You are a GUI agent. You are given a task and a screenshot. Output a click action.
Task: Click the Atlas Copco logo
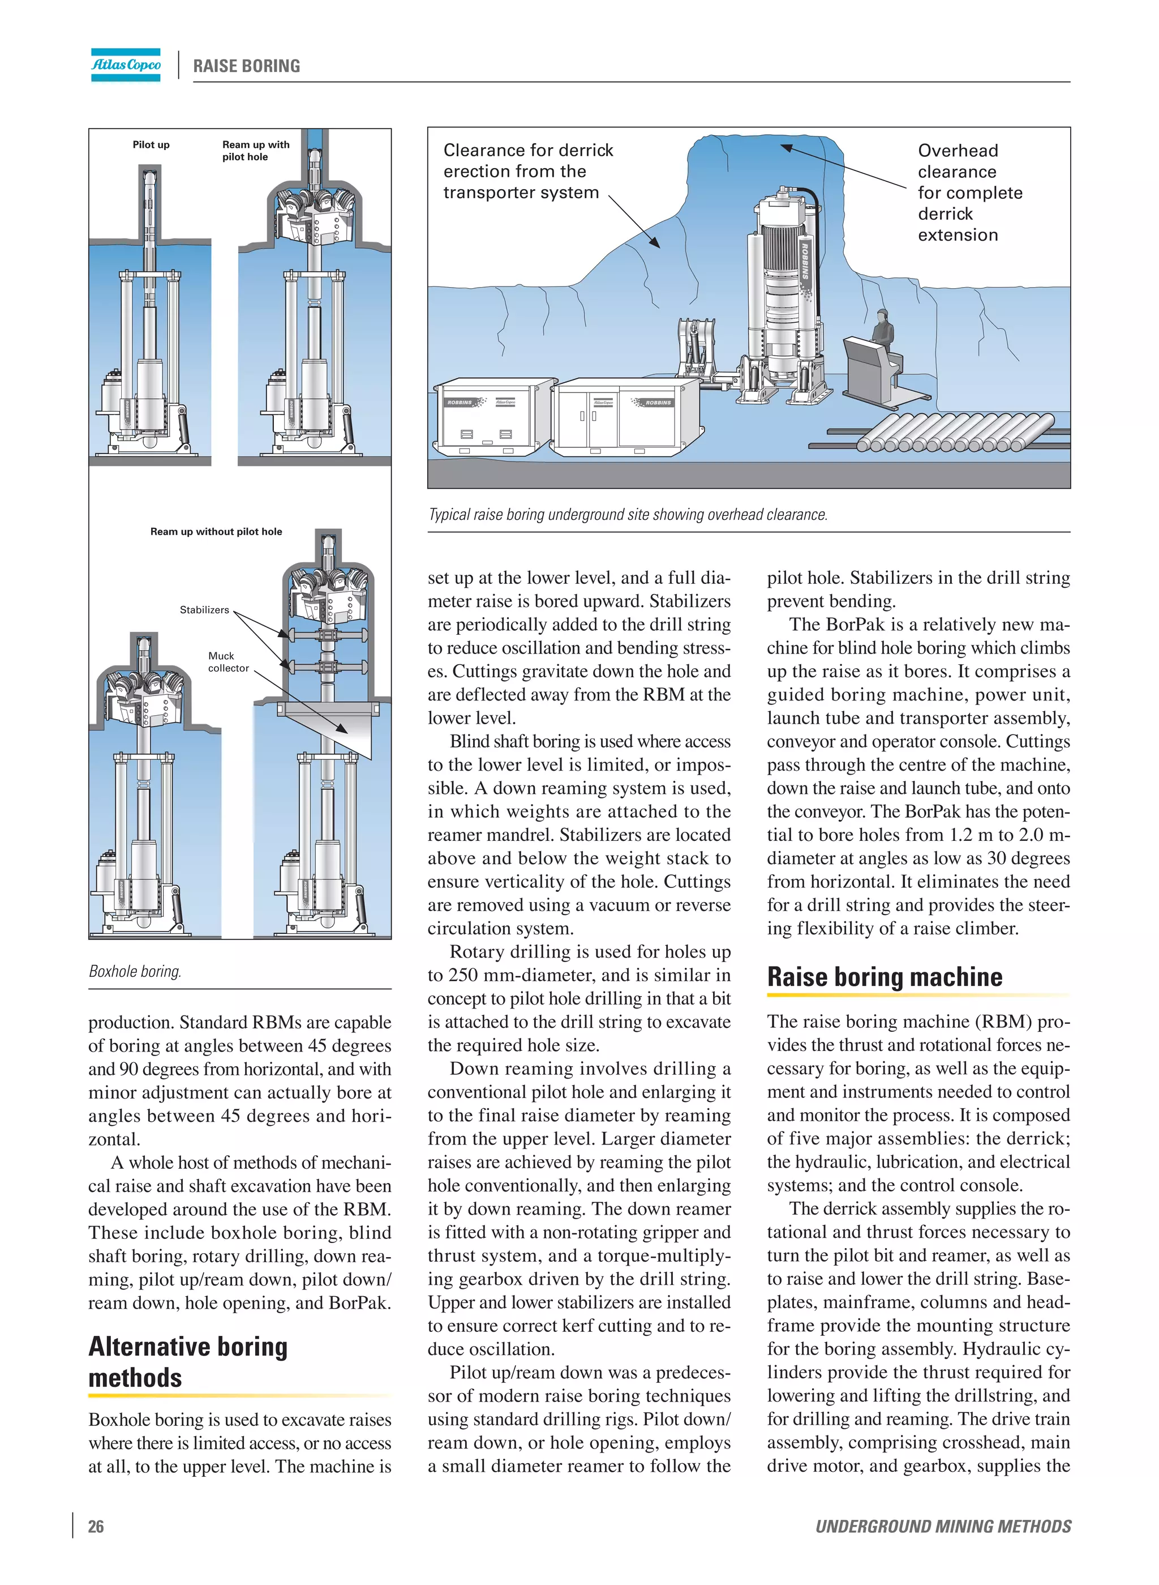tap(126, 65)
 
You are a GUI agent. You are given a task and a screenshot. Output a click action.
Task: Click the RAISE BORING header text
tap(246, 66)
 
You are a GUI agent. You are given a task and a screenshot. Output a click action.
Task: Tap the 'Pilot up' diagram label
tap(151, 144)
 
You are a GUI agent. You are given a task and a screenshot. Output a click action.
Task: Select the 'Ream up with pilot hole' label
tap(255, 150)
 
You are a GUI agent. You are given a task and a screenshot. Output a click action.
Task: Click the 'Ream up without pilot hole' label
tap(216, 531)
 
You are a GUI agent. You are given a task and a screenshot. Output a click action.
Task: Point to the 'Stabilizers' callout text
tap(204, 609)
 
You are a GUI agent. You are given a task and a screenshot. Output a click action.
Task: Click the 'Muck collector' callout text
tap(228, 661)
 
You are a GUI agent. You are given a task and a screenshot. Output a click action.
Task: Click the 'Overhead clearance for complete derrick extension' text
tap(969, 193)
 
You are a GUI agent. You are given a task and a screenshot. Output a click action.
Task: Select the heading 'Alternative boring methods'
tap(188, 1361)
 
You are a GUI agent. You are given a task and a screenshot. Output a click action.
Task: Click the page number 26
tap(96, 1526)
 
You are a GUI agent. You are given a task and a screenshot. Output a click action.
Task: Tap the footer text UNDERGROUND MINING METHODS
tap(942, 1526)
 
